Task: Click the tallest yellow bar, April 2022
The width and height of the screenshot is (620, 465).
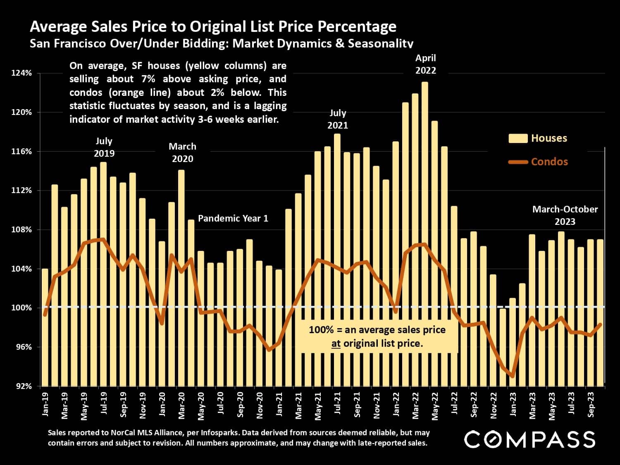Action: (424, 231)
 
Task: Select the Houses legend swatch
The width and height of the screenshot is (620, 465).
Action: (518, 138)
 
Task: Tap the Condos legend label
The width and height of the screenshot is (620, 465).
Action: (549, 162)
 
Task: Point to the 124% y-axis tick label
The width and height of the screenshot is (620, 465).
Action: (21, 73)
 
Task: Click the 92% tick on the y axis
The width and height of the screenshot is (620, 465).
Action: (23, 386)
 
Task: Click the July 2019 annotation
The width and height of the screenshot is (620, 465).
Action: (104, 147)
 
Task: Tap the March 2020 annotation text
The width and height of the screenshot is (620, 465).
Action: (182, 153)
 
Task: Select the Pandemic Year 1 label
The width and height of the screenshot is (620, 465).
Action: (233, 218)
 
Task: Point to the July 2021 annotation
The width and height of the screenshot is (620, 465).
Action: (338, 119)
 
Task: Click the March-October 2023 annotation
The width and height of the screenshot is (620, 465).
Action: (565, 215)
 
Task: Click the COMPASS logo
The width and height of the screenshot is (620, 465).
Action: (529, 439)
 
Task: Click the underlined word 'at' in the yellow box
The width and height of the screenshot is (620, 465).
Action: (336, 343)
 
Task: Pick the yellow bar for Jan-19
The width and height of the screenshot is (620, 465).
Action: (45, 327)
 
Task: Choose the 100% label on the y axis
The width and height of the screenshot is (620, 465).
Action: (21, 308)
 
